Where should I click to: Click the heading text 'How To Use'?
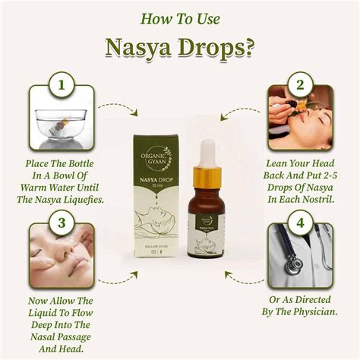pyautogui.click(x=180, y=17)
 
